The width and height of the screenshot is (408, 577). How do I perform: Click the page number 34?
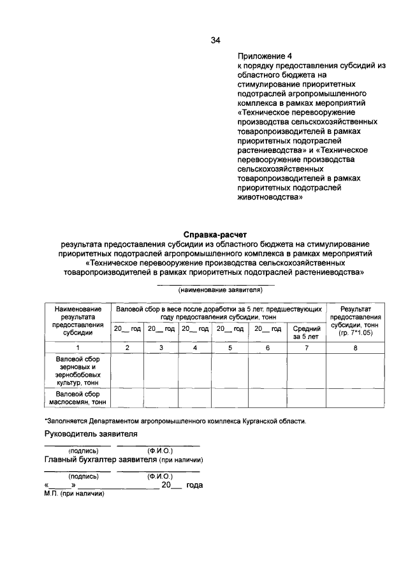coord(215,41)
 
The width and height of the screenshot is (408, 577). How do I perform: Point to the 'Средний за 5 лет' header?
coord(305,332)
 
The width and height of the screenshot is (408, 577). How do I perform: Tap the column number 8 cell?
coord(355,347)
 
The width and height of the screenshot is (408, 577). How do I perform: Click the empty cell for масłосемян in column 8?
coord(355,398)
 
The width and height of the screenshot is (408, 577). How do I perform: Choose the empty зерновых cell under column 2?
coord(126,371)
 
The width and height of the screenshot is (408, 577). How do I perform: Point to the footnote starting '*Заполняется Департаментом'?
coord(175,421)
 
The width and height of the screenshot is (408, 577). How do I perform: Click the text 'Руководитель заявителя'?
coord(91,434)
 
